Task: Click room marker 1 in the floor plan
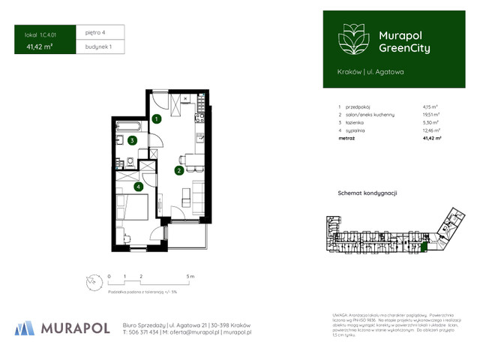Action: tap(156, 118)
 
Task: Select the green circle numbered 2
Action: tap(178, 170)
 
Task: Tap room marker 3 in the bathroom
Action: tap(132, 140)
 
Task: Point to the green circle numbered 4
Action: tap(138, 187)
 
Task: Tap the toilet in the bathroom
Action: tap(130, 162)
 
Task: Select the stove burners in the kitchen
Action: tap(200, 118)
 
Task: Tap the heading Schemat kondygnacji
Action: tap(367, 193)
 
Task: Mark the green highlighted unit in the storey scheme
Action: tap(421, 247)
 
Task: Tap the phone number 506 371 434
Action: tap(143, 331)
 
